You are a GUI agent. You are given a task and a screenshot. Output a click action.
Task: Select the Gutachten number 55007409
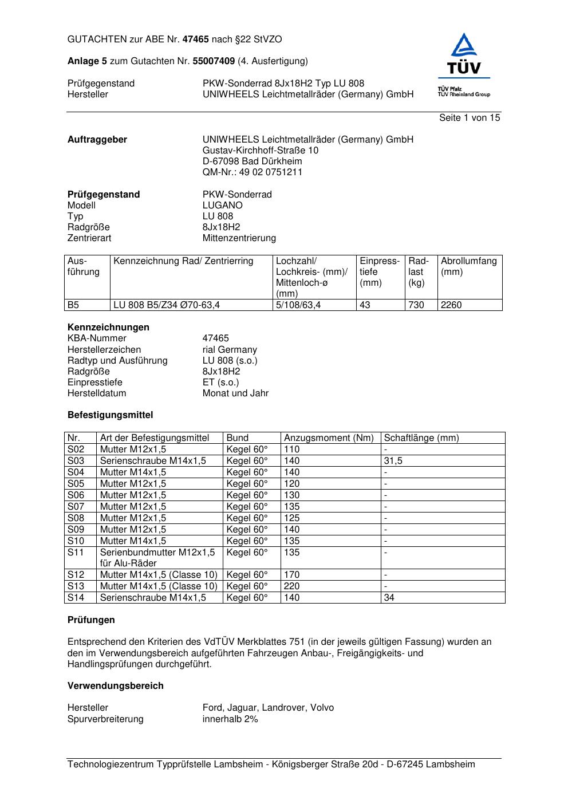pos(214,61)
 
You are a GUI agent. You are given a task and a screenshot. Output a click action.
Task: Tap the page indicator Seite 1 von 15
pos(470,118)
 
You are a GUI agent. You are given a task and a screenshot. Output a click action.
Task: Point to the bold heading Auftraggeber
pos(97,140)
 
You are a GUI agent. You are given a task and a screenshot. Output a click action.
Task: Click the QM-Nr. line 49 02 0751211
pos(253,172)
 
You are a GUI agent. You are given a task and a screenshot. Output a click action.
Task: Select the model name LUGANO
pos(223,206)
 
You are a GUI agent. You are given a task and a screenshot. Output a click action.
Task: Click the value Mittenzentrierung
pos(239,238)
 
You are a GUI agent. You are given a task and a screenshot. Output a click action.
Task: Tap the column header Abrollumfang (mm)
pos(468,266)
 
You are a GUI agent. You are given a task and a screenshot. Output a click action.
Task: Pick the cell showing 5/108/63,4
pos(298,305)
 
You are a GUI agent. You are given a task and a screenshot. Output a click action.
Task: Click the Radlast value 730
pos(416,305)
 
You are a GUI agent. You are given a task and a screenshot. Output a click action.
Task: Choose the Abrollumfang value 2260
pos(451,305)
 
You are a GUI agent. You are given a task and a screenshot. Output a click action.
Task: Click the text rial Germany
pos(230,350)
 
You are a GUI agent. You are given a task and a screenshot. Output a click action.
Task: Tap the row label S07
pos(76,507)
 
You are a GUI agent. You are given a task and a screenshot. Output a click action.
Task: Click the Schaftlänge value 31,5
pos(393,461)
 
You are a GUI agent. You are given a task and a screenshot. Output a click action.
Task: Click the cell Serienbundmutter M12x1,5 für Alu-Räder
pos(157,558)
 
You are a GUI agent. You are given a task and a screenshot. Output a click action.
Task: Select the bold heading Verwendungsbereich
pos(116,686)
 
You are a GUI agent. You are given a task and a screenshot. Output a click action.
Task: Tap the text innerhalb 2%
pos(230,719)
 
